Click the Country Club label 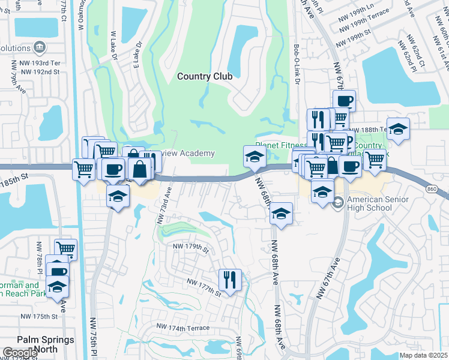pos(204,76)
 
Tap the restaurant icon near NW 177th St pos(230,279)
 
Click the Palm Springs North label pos(46,344)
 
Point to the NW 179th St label pos(190,247)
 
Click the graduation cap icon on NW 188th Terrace pos(397,129)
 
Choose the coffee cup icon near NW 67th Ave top pos(345,101)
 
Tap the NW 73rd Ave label pos(164,205)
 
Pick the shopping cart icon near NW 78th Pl pos(65,249)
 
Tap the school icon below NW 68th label pos(281,214)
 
